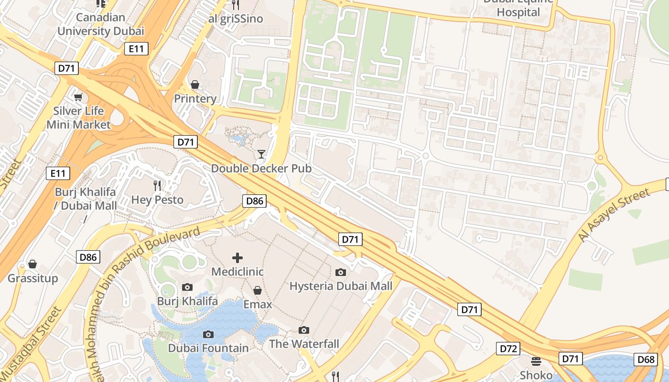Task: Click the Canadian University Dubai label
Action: tap(100, 24)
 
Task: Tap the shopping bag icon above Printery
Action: tap(195, 85)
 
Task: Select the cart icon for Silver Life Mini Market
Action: tap(78, 97)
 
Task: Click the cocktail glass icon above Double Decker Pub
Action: tap(261, 154)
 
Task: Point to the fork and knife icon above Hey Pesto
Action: tap(157, 185)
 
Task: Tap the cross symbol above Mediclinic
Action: tap(237, 258)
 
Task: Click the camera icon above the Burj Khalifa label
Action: tap(187, 287)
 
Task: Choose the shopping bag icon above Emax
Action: tap(257, 290)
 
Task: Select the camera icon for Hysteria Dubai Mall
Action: tap(341, 272)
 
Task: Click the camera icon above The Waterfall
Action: tap(303, 330)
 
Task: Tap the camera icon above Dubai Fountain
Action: tap(208, 334)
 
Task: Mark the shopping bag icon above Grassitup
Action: tap(32, 264)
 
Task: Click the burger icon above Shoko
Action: tap(536, 361)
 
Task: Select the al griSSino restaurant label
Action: tap(236, 19)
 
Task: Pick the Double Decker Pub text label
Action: tap(261, 169)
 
